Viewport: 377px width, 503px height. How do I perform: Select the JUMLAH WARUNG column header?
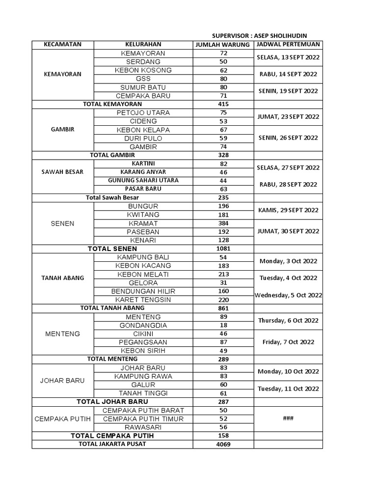coord(223,45)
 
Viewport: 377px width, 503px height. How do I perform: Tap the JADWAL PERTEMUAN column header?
coord(288,45)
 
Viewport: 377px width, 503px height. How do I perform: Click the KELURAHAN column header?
coord(143,45)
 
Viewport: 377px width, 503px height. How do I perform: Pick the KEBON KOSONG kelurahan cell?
coord(143,70)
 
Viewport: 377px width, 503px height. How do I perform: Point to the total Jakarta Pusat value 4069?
coord(223,445)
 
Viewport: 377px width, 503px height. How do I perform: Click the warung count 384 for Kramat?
coord(223,223)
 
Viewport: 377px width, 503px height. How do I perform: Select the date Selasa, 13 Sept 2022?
coord(288,57)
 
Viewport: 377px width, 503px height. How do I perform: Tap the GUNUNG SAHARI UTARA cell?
coord(143,180)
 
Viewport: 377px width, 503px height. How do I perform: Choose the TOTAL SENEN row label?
coord(112,249)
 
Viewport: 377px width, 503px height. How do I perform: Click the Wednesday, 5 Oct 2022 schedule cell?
coord(288,295)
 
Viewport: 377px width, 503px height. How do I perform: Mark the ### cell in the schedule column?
coord(288,419)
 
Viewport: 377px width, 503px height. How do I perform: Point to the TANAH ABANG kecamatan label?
coord(62,278)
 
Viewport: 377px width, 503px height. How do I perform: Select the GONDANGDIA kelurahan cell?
coord(143,325)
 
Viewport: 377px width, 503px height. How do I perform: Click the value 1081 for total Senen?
coord(223,249)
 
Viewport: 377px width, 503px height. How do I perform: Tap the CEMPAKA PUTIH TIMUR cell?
coord(143,419)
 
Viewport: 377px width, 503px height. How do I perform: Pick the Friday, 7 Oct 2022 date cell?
coord(288,342)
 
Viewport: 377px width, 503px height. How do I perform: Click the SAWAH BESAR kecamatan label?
coord(62,172)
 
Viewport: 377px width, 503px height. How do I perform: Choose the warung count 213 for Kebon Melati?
coord(223,274)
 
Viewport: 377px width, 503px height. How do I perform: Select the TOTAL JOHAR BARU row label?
coord(112,402)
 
